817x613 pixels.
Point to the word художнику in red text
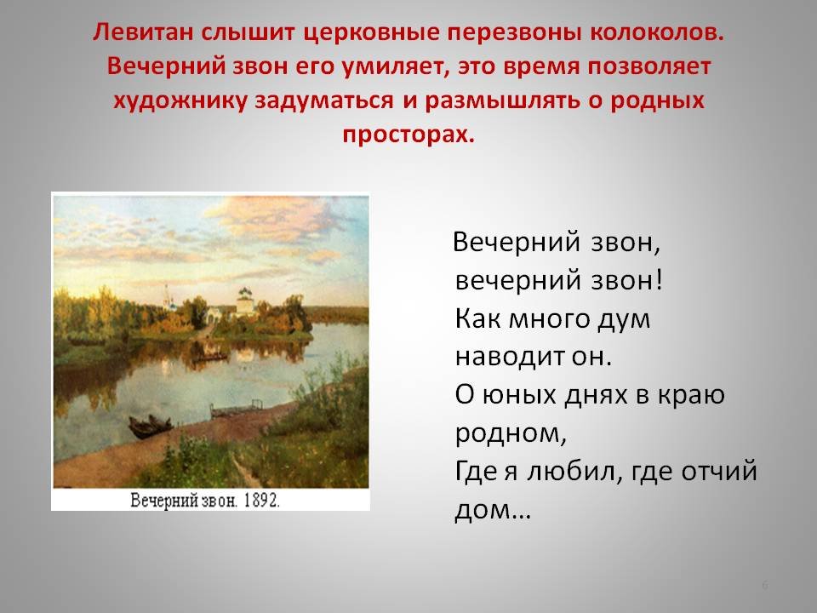[180, 100]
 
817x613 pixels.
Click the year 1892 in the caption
[261, 501]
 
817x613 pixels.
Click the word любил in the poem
[572, 471]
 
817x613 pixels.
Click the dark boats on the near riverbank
[150, 426]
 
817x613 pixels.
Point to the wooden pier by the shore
[236, 409]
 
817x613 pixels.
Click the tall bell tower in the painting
[168, 297]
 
